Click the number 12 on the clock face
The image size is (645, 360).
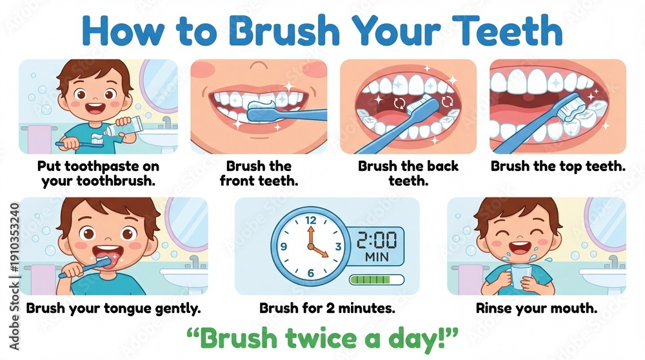[311, 220]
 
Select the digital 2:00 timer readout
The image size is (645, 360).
[377, 240]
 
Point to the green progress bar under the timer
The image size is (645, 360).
[377, 280]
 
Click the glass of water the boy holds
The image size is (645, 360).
[521, 275]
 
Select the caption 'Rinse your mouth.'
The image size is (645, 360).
[537, 308]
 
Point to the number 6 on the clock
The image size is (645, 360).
[311, 272]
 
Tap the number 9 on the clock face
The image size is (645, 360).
[283, 246]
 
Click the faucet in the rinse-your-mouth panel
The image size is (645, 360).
[613, 261]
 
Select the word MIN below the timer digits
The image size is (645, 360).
[377, 257]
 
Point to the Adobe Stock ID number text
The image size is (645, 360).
[14, 238]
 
